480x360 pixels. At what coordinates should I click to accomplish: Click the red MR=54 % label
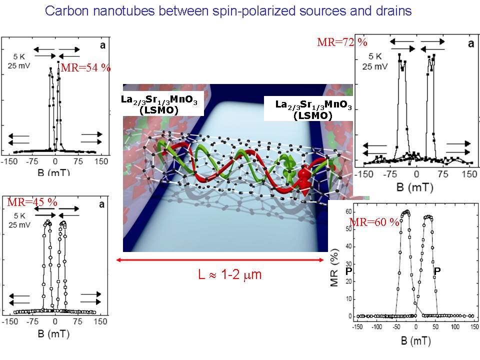(85, 67)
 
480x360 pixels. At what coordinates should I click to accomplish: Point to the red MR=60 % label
(374, 222)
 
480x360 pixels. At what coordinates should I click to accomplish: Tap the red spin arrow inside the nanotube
(303, 181)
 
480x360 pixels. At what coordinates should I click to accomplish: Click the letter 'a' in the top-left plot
(101, 45)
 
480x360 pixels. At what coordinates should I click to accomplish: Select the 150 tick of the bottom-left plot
(101, 323)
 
